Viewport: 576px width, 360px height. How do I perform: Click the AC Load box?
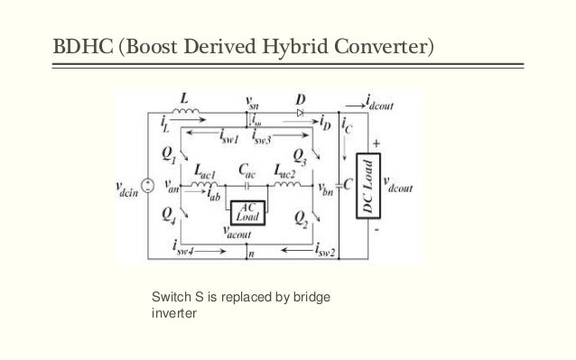[245, 210]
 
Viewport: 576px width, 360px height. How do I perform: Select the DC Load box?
[367, 187]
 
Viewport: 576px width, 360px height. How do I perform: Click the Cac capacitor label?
[246, 169]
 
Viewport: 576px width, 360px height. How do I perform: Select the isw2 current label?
[326, 254]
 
